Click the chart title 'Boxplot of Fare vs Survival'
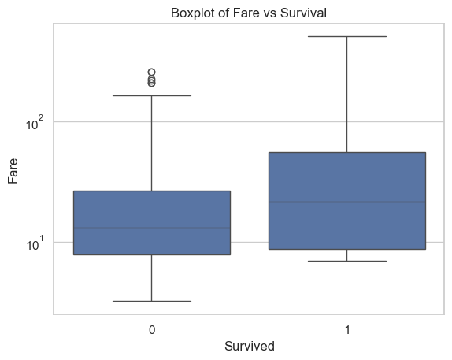click(x=249, y=13)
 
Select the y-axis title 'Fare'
click(x=13, y=171)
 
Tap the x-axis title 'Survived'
click(x=250, y=346)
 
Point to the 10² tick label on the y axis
click(x=35, y=123)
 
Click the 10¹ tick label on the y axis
click(x=35, y=243)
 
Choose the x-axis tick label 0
click(x=152, y=330)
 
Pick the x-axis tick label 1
click(x=347, y=330)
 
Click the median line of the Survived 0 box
click(x=152, y=228)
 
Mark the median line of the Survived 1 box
click(x=347, y=202)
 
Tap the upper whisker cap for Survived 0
click(x=152, y=95)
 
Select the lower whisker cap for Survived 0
click(x=152, y=301)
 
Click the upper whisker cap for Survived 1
click(x=347, y=37)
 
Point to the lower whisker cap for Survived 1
click(x=347, y=261)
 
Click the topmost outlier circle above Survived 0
click(x=152, y=72)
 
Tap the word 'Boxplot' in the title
click(x=193, y=13)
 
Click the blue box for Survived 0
click(x=152, y=223)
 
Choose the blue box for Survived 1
click(x=347, y=201)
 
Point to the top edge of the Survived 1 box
click(x=347, y=152)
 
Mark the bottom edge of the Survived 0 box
click(x=152, y=254)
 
